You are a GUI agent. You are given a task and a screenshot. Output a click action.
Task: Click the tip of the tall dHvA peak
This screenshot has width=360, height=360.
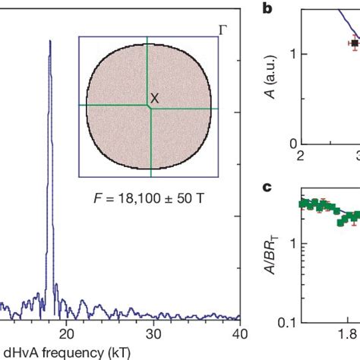tap(50, 41)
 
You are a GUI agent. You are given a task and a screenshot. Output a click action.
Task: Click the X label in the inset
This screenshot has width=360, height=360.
tap(155, 98)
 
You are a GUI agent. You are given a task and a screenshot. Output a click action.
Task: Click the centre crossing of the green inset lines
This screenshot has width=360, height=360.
tap(149, 106)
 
